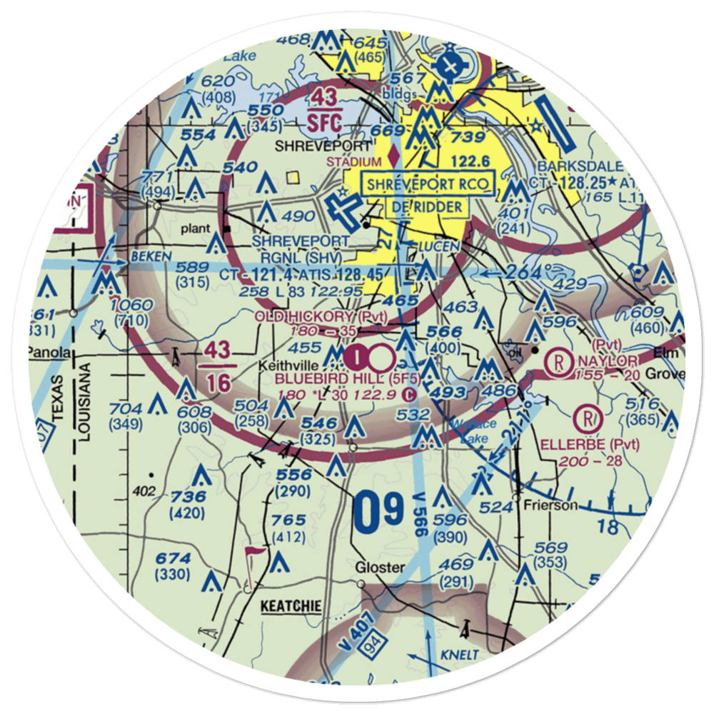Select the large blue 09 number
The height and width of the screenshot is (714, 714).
[x=379, y=512]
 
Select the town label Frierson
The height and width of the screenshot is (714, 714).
[x=539, y=505]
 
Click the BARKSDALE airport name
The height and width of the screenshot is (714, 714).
[x=570, y=166]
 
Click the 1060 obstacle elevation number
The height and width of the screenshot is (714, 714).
[x=133, y=306]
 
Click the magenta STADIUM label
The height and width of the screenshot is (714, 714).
[x=354, y=162]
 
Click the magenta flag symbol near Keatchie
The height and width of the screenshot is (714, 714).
[x=253, y=555]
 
